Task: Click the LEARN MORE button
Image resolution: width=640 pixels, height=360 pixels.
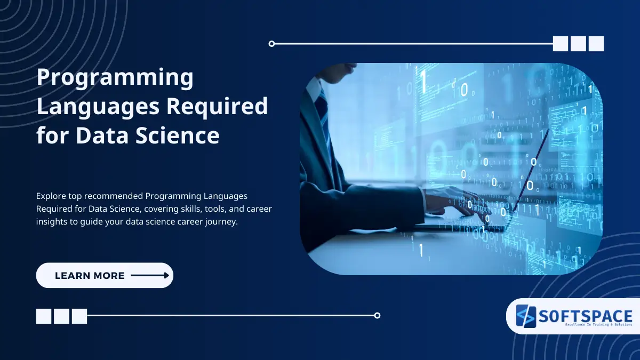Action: (x=105, y=276)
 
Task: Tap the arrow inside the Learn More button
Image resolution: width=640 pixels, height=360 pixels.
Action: (x=150, y=276)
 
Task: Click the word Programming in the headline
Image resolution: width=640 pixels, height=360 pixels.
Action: (x=115, y=78)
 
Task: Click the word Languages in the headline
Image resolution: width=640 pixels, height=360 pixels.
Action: (x=98, y=107)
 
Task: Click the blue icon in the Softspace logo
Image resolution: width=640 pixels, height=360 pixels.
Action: (x=526, y=317)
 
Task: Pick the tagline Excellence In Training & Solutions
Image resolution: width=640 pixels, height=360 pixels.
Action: (x=586, y=324)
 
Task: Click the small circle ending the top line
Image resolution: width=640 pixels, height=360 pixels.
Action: (x=272, y=44)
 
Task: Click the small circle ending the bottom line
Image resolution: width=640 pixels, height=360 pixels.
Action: (x=377, y=315)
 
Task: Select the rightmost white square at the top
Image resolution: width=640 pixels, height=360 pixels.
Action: (x=596, y=44)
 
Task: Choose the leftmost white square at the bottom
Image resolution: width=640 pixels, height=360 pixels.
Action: (x=44, y=316)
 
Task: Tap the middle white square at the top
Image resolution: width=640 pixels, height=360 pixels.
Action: (x=578, y=44)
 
